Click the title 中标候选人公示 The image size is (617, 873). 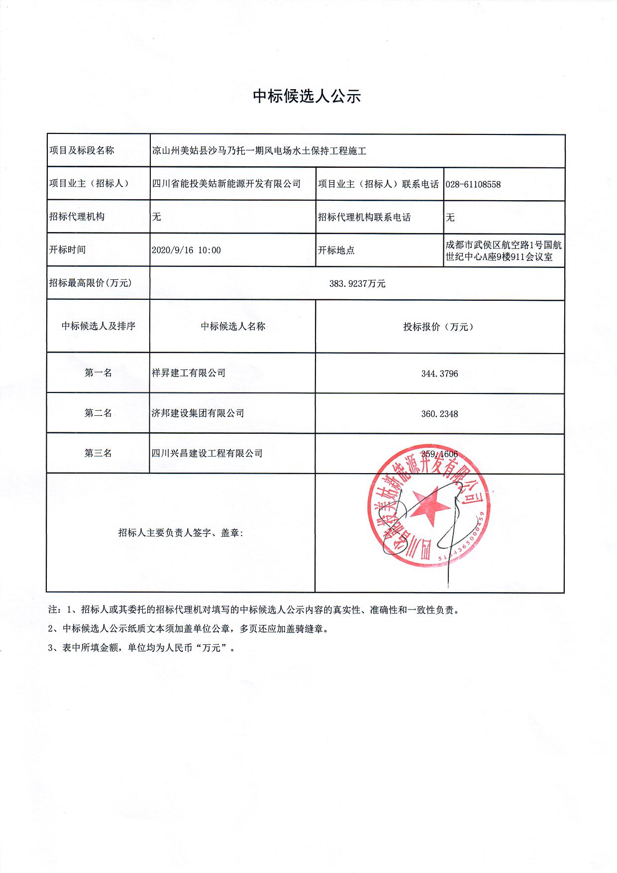tap(307, 96)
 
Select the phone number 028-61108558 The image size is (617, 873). tap(473, 184)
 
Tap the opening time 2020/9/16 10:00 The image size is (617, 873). tap(186, 250)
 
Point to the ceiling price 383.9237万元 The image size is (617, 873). tap(357, 284)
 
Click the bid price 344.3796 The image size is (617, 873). tap(439, 374)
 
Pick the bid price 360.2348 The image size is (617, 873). tap(439, 414)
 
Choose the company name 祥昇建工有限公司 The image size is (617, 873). tap(189, 373)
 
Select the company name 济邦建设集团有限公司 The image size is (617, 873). tap(198, 413)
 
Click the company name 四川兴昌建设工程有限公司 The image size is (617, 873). tap(207, 453)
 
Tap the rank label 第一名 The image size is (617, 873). tap(98, 373)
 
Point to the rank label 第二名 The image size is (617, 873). tap(98, 413)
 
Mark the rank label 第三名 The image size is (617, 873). tap(98, 453)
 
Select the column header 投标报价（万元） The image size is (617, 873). tap(439, 327)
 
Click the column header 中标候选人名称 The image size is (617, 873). tap(233, 327)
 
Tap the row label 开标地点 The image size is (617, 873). tap(336, 250)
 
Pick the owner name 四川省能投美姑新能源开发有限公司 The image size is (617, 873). tap(226, 184)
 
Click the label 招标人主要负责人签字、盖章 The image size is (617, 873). tap(181, 533)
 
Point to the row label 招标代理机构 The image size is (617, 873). tap(77, 217)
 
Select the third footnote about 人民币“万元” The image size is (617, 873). tap(141, 648)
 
